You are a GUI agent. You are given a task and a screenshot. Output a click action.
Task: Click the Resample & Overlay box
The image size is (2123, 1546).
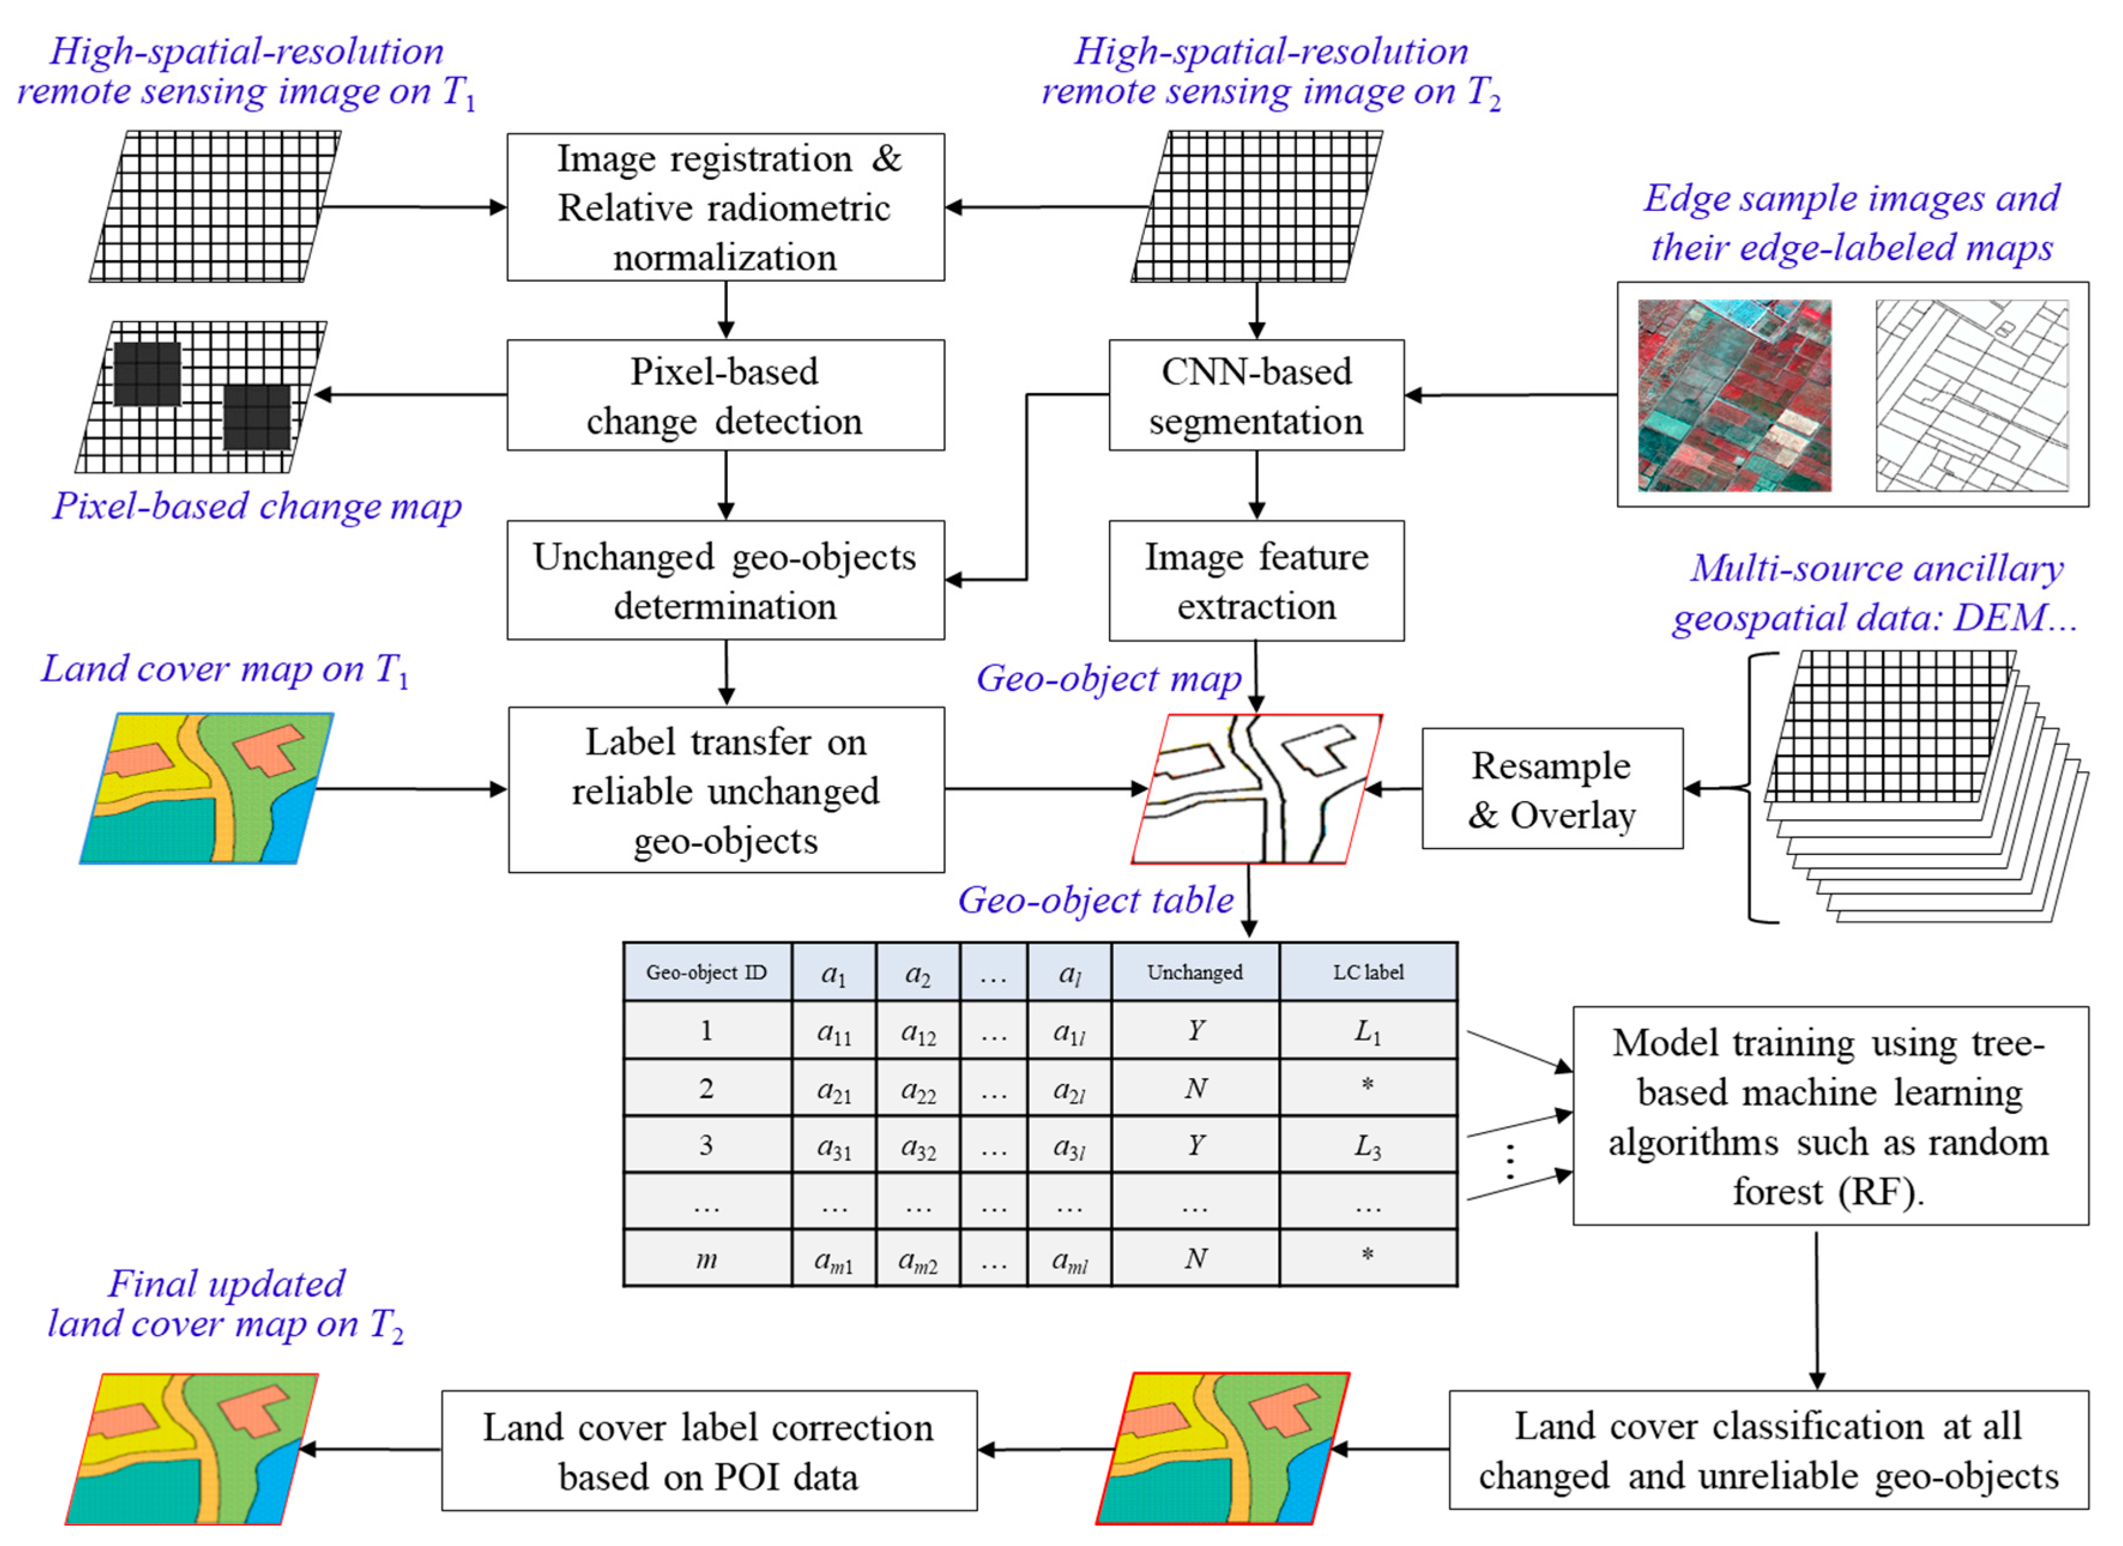tap(1551, 789)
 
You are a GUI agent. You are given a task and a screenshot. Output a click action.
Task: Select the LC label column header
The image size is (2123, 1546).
tap(1368, 972)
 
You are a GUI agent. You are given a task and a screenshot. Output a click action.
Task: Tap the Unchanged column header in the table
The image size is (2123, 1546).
tap(1194, 972)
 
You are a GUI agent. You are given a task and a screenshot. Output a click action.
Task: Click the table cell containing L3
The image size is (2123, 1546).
tap(1368, 1145)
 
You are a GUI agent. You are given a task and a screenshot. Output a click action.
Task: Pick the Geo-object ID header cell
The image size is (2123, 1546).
tap(707, 972)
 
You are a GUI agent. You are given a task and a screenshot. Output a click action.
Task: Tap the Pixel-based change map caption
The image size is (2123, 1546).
tap(256, 506)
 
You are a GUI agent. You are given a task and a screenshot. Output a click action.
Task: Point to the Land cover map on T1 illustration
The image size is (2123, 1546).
tap(206, 789)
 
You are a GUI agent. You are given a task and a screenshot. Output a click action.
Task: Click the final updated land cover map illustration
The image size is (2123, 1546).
tap(192, 1448)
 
